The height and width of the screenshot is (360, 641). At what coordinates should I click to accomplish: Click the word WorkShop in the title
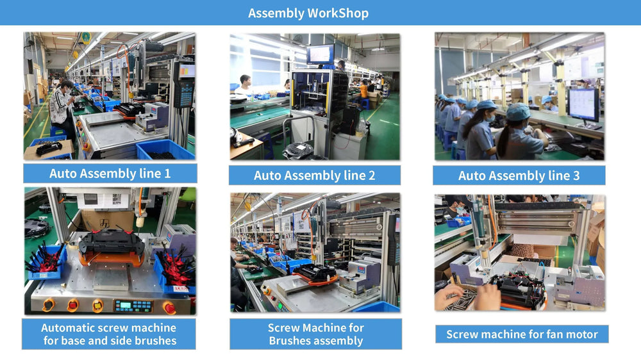tap(338, 13)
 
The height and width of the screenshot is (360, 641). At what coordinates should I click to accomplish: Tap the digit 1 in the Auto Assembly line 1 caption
tap(167, 174)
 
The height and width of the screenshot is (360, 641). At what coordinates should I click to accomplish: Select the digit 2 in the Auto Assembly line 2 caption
tap(372, 176)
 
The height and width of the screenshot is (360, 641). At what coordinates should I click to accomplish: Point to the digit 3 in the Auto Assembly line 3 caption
tap(576, 176)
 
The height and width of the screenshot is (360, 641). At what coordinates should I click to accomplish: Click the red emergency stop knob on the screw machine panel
tap(169, 307)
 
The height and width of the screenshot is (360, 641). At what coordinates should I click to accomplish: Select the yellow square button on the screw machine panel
tap(97, 305)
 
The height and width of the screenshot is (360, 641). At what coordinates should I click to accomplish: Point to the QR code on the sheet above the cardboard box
tap(117, 199)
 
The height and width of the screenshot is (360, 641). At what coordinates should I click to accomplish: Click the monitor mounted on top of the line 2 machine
tap(320, 54)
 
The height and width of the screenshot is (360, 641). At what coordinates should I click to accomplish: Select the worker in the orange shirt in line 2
tap(363, 90)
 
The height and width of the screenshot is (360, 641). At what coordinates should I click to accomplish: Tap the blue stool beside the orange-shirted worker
tap(365, 104)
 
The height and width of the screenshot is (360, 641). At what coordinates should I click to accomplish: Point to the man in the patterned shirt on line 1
tap(62, 107)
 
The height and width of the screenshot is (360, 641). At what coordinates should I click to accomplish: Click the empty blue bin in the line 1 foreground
tap(164, 150)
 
